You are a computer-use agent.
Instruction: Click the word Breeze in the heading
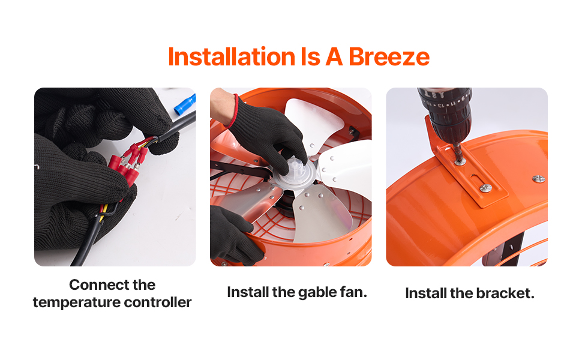point(389,57)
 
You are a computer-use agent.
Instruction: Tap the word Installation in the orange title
point(232,57)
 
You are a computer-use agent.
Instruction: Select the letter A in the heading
point(334,57)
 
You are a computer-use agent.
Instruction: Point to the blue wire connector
point(185,104)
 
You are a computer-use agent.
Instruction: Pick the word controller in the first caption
point(158,302)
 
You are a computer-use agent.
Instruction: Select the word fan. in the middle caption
point(354,292)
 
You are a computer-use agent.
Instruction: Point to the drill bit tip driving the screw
point(459,155)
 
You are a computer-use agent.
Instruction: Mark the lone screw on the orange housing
point(539,179)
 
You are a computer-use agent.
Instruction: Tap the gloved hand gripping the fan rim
point(234,235)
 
